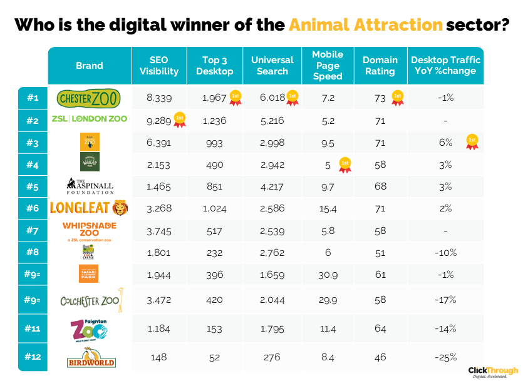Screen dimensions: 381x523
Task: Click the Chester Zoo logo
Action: pyautogui.click(x=88, y=98)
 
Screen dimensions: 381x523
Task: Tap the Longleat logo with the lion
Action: pyautogui.click(x=88, y=207)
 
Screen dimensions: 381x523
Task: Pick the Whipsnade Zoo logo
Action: pyautogui.click(x=88, y=230)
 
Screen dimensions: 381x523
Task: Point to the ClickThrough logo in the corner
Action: pyautogui.click(x=493, y=372)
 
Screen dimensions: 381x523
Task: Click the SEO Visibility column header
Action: pyautogui.click(x=159, y=65)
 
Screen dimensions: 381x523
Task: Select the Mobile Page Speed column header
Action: pyautogui.click(x=328, y=65)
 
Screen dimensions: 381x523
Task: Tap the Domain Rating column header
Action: pyautogui.click(x=380, y=65)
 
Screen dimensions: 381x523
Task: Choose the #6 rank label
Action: pyautogui.click(x=33, y=208)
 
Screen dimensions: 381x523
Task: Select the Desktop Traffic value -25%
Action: pyautogui.click(x=446, y=358)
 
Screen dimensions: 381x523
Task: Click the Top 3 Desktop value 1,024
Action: pyautogui.click(x=213, y=208)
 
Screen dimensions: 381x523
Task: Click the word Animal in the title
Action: pyautogui.click(x=318, y=25)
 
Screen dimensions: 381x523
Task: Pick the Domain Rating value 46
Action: pyautogui.click(x=380, y=358)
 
